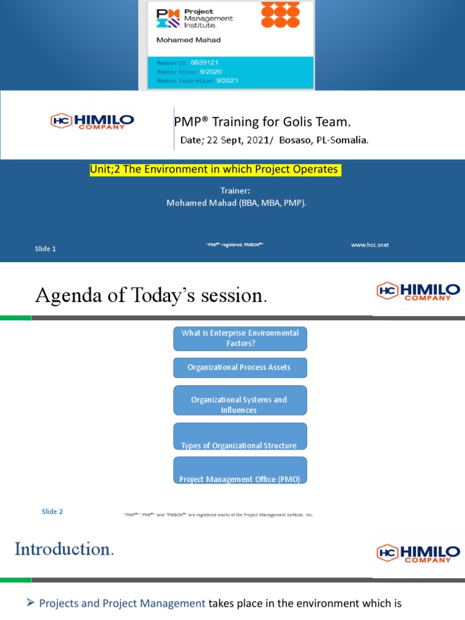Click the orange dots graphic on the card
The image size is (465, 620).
point(280,15)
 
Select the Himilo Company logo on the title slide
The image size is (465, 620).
point(92,122)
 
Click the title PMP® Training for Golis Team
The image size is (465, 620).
point(262,122)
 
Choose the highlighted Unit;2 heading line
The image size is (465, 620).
point(216,170)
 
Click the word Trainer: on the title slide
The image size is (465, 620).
point(236,191)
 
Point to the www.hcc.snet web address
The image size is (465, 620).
point(369,245)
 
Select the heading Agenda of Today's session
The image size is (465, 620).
point(151,295)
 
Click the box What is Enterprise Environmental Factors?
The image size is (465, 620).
point(240,338)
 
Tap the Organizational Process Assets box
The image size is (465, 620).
point(240,367)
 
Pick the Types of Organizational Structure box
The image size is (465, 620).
point(240,437)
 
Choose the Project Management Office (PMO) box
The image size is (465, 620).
point(240,470)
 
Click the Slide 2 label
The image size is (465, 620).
point(52,512)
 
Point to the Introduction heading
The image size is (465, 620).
point(64,550)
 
